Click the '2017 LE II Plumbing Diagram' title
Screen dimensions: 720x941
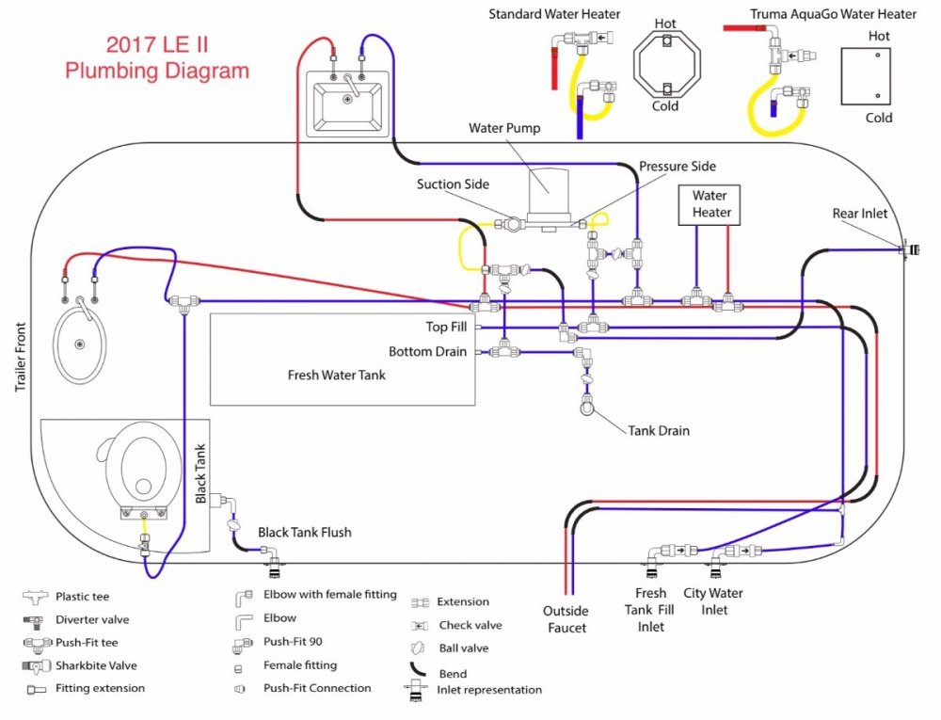pos(157,57)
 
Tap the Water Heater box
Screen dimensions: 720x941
pos(710,204)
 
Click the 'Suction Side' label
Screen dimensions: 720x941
pos(453,184)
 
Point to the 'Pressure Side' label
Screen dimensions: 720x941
pos(678,167)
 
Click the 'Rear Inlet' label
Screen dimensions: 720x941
pos(859,214)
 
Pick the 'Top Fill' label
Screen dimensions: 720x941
pos(448,328)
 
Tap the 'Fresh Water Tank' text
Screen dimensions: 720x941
pos(336,375)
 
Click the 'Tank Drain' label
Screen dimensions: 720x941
pos(659,431)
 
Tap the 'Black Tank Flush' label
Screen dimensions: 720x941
pos(304,533)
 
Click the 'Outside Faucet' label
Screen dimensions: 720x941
pos(566,619)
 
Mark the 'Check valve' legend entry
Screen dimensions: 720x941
pos(470,625)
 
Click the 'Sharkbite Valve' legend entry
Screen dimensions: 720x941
pos(96,665)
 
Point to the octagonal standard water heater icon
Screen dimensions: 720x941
pos(666,65)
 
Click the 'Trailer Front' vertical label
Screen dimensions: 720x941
pos(20,357)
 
